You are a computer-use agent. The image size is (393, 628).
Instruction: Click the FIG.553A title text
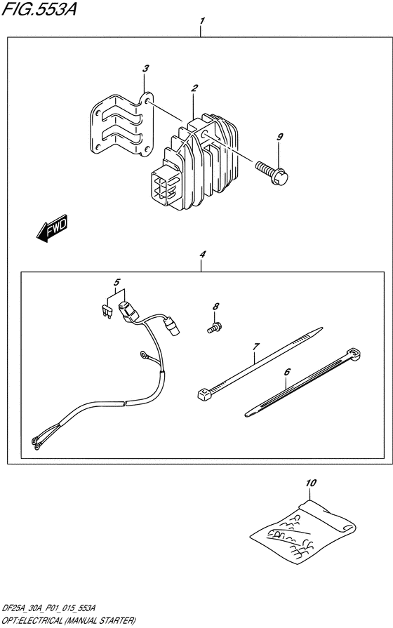39,9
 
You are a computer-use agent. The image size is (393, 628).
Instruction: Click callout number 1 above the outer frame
202,20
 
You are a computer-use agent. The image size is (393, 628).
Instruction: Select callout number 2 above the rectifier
194,88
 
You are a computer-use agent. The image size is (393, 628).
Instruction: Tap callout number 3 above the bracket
146,69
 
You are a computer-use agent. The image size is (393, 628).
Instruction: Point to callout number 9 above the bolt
279,137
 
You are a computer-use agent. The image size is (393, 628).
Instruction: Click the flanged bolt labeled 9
272,173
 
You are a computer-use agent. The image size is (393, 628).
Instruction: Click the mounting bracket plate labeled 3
122,124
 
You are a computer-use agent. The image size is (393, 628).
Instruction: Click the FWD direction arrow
53,228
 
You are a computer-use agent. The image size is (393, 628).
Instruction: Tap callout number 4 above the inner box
203,254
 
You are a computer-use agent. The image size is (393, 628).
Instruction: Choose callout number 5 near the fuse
116,282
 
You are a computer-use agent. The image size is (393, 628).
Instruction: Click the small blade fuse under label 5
105,312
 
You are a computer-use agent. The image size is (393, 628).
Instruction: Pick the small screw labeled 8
214,328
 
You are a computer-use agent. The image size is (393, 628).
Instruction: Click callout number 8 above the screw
216,307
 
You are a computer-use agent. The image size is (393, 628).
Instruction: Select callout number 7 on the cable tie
256,347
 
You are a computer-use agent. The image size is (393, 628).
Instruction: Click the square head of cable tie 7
205,395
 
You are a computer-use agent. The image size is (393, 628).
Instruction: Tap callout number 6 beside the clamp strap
287,372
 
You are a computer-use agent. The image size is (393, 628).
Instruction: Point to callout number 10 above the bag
311,483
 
